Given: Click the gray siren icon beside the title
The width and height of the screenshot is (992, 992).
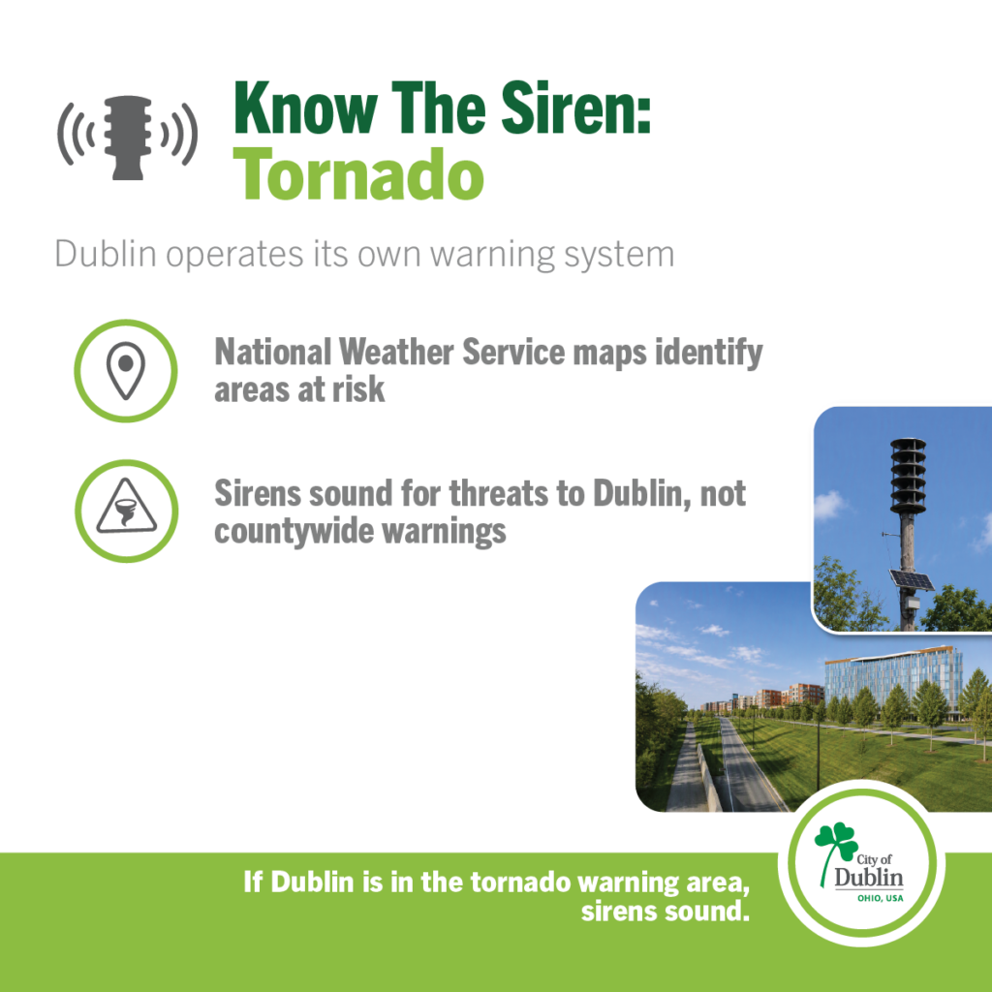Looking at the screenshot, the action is click(x=128, y=138).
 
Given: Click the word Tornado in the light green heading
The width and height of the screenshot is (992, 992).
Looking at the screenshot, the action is click(x=358, y=173).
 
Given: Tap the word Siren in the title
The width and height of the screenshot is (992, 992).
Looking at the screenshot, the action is click(x=570, y=108).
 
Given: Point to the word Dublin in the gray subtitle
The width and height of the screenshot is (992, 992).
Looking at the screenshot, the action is click(x=106, y=254).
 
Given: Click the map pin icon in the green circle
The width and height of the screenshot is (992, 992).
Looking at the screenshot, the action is click(x=126, y=370).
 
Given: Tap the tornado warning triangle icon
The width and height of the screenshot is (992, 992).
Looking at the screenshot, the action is click(x=126, y=506).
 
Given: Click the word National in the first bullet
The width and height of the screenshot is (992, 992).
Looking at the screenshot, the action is click(x=272, y=352).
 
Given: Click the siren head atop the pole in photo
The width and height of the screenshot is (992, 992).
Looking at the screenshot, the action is click(x=908, y=476).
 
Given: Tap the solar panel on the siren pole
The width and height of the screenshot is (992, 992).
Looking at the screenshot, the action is click(x=911, y=579).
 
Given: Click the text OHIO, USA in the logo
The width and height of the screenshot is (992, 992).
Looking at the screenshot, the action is click(x=880, y=898).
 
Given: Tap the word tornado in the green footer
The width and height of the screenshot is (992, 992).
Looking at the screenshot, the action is click(x=520, y=882).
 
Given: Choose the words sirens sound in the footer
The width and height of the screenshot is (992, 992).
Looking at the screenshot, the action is click(x=665, y=912).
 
